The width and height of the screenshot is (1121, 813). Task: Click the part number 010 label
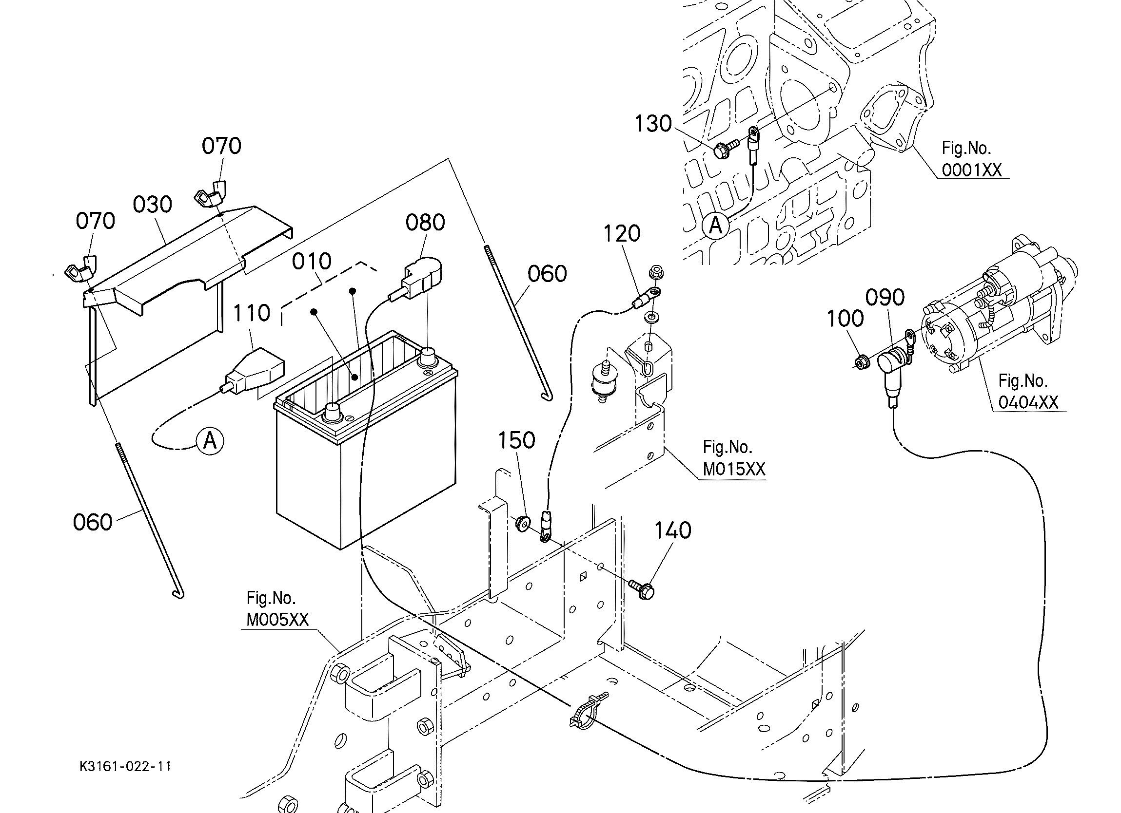point(312,261)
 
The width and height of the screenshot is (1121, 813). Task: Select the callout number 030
point(152,205)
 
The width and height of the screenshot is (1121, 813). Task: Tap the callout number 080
point(425,223)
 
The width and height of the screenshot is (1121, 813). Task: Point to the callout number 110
point(252,313)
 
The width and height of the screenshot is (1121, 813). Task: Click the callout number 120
point(622,234)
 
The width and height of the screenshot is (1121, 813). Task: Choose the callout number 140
point(673,530)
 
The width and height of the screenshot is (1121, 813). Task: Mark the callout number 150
point(516,440)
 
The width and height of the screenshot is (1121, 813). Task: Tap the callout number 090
point(885,297)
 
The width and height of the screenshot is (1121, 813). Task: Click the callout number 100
point(845,319)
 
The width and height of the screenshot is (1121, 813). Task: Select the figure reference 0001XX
point(971,170)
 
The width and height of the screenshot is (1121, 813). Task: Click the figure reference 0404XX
point(1028,402)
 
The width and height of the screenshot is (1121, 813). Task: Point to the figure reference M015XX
point(734,469)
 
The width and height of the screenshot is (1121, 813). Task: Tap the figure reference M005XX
point(277,620)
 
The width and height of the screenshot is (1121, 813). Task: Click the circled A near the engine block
point(715,226)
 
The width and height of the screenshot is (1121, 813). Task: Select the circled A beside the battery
point(210,439)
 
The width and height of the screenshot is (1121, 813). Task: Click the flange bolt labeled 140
point(642,589)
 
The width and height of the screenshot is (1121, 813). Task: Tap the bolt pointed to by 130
point(725,148)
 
